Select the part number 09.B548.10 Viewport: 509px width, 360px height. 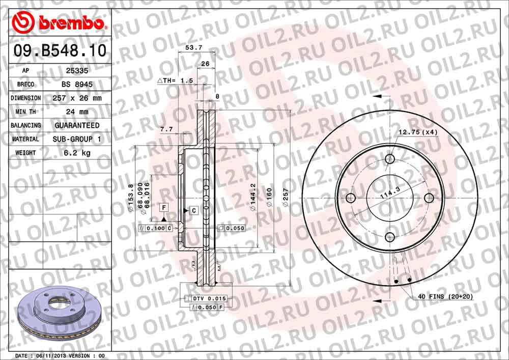(x=60, y=51)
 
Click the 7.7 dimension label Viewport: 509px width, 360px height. (x=166, y=130)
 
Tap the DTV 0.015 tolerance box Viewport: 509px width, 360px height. (x=209, y=298)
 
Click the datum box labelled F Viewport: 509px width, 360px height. (x=164, y=207)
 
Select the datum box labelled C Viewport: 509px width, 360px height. (x=194, y=210)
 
